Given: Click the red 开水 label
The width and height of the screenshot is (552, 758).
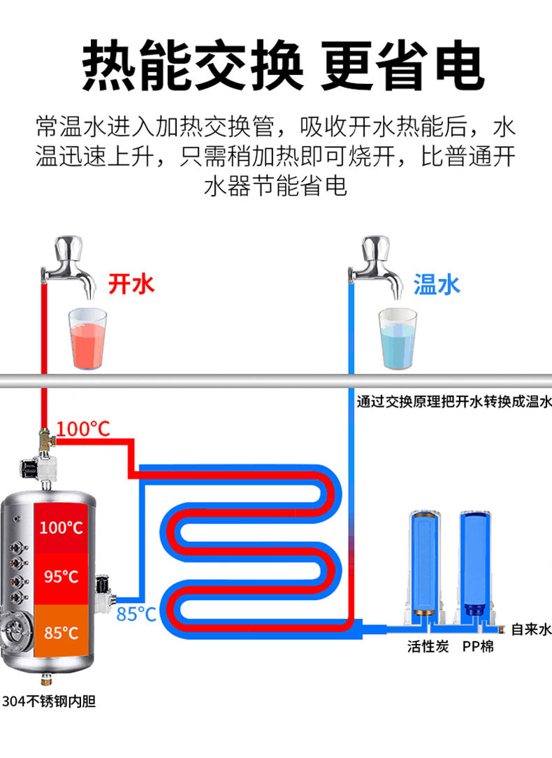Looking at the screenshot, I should (131, 283).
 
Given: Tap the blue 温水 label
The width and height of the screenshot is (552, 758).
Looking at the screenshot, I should (437, 284).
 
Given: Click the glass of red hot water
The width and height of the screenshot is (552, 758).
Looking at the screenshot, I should (87, 338).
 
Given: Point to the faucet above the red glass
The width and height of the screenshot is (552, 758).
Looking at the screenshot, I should (70, 266).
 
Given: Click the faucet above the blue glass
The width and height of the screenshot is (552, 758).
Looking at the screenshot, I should (378, 266).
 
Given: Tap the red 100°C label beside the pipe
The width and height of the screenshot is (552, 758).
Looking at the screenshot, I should (83, 429).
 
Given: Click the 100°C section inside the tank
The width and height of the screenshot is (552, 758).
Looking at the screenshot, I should (61, 527).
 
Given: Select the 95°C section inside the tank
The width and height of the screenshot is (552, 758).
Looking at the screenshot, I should (61, 577).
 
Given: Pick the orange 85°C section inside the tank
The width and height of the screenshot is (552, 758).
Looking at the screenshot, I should (61, 633).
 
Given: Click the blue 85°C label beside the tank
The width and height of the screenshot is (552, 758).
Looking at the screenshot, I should (136, 614).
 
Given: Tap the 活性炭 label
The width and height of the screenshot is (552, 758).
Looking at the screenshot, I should (428, 646).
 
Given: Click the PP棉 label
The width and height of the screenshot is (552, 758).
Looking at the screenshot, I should (478, 646).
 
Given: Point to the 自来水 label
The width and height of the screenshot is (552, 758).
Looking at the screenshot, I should (531, 629).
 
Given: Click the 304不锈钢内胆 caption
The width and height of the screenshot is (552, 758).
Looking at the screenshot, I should (48, 701).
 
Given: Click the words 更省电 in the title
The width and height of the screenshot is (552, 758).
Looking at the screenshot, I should (402, 66).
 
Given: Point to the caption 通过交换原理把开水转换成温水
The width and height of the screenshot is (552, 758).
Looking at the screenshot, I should (453, 402).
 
